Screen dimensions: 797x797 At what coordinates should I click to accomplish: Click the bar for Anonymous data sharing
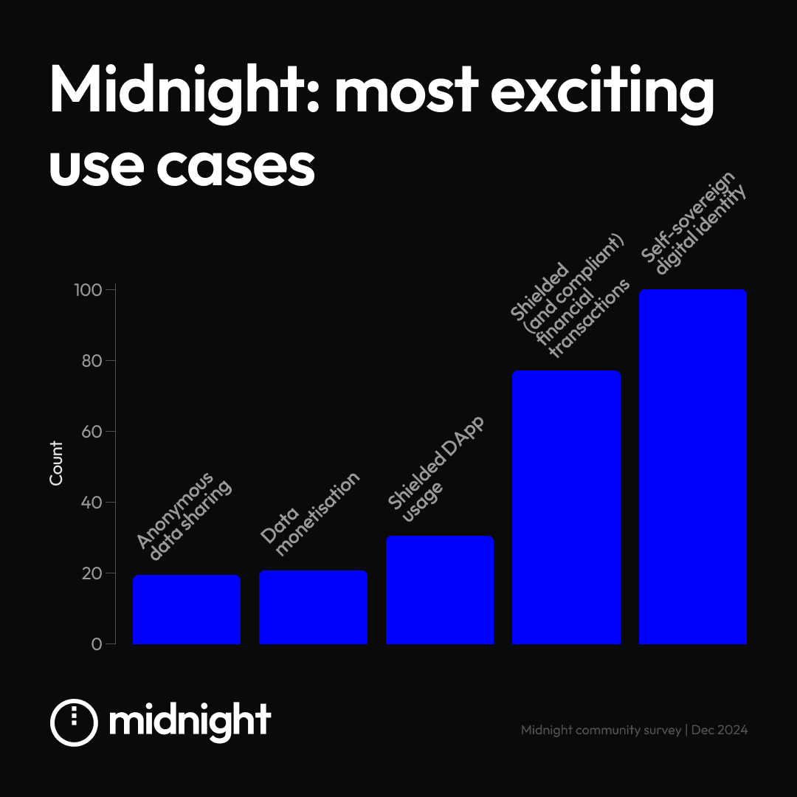(187, 610)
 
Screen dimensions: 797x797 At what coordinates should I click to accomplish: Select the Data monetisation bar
(313, 607)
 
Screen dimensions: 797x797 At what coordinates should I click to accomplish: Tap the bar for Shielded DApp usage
(440, 590)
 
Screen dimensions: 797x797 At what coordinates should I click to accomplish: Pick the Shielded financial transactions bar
(566, 507)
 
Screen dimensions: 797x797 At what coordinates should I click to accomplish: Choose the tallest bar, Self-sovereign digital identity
(693, 466)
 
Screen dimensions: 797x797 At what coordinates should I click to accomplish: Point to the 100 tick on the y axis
(88, 290)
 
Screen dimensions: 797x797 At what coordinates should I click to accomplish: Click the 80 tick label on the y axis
(92, 361)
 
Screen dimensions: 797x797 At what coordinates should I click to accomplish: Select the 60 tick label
(92, 432)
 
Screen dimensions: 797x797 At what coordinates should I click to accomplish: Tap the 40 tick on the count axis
(92, 503)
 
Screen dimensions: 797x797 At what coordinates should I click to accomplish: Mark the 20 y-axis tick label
(92, 573)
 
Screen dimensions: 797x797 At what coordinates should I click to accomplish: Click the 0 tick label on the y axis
(97, 644)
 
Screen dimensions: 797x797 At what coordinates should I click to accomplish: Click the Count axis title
(56, 463)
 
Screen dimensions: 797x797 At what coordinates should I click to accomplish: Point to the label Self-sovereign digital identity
(693, 223)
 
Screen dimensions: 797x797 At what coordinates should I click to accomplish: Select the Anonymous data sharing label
(184, 516)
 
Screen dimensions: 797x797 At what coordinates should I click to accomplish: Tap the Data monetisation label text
(309, 514)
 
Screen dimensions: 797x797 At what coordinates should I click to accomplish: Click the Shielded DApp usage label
(436, 469)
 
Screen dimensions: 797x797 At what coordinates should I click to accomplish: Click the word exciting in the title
(602, 92)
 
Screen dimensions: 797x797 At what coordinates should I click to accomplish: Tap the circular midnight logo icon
(75, 722)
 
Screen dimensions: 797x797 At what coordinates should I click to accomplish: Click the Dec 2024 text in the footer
(720, 730)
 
